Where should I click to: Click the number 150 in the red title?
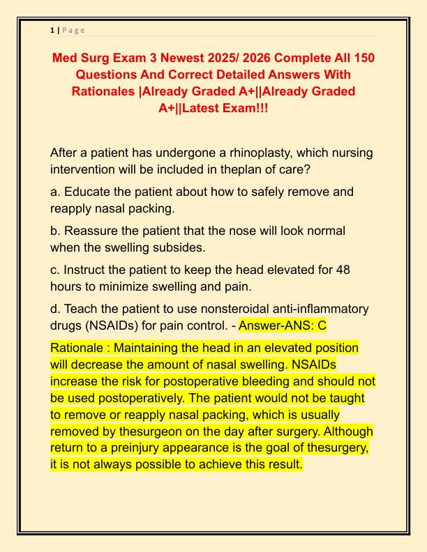point(361,57)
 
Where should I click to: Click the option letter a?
point(54,192)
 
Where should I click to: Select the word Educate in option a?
point(87,192)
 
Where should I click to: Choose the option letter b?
point(54,230)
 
